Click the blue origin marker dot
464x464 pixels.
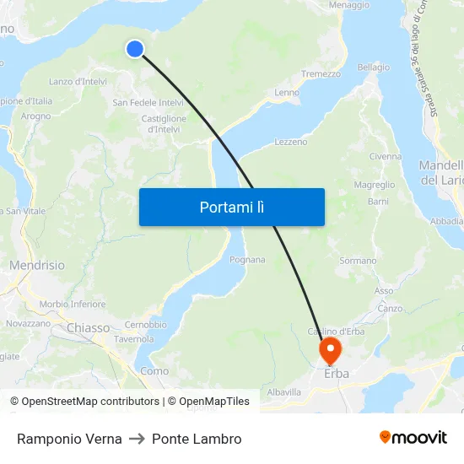(134, 49)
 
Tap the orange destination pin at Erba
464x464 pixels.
(329, 349)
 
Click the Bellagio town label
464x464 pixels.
(374, 67)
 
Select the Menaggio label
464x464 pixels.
(349, 5)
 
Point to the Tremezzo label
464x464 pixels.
(321, 74)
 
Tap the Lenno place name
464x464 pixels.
(287, 93)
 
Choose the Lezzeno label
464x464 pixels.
(291, 142)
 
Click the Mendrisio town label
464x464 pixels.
(36, 265)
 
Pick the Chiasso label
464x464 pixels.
(89, 327)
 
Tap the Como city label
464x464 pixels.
(154, 370)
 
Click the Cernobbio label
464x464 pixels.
(145, 325)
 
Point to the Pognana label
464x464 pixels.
(247, 260)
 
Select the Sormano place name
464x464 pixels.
(358, 262)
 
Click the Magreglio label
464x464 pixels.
(375, 185)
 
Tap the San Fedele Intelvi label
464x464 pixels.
(148, 103)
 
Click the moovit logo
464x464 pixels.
(413, 438)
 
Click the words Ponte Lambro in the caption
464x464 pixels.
(197, 439)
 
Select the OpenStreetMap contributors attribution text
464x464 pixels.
(84, 402)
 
